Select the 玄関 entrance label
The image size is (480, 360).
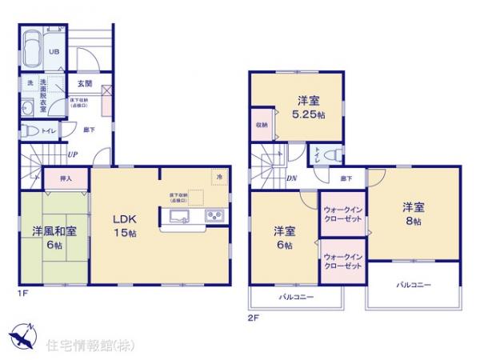(x=84, y=82)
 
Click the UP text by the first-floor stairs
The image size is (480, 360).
(x=73, y=154)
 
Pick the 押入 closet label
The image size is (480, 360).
(x=54, y=179)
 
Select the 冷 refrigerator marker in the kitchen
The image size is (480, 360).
(x=217, y=176)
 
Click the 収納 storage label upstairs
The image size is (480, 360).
(x=262, y=125)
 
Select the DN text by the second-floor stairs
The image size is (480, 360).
(x=292, y=178)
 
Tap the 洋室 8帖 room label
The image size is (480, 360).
(x=413, y=213)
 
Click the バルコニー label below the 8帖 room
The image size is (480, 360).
(x=412, y=284)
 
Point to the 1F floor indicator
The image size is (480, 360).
(x=23, y=293)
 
